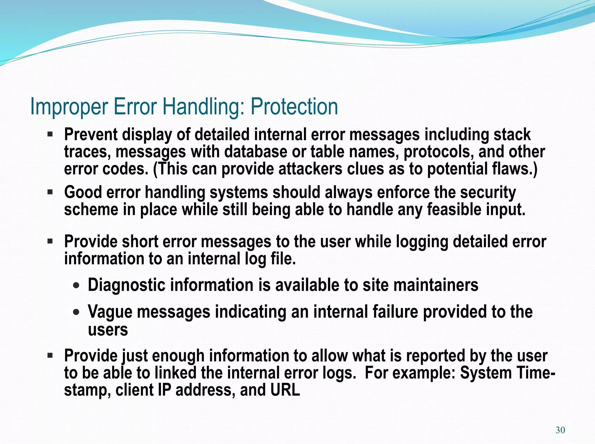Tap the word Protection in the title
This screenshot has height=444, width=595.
pos(294,107)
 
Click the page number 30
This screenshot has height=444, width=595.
pos(560,430)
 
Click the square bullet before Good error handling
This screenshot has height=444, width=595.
pos(50,192)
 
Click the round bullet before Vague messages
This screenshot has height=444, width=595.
pos(76,312)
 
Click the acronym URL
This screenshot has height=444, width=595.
pos(285,390)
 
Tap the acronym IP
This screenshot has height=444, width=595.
pos(164,390)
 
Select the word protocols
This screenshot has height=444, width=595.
pos(438,152)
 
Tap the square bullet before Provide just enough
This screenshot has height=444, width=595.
pos(50,355)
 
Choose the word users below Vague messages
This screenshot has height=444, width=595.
pos(108,330)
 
